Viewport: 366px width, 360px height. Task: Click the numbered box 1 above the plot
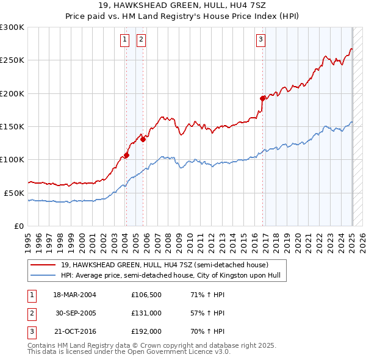point(124,40)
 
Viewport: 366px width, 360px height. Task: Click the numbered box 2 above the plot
point(141,40)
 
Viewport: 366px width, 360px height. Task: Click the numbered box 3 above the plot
point(260,40)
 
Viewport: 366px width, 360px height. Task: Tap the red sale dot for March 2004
point(127,155)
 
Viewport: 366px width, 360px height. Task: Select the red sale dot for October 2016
point(262,98)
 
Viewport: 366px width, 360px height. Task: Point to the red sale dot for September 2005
point(143,139)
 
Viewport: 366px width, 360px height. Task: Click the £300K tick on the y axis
point(12,27)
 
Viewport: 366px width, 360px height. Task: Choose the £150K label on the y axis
point(12,126)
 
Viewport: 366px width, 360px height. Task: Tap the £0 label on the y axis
point(19,226)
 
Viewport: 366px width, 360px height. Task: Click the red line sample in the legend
point(44,264)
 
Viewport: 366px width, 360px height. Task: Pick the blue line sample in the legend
point(44,275)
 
